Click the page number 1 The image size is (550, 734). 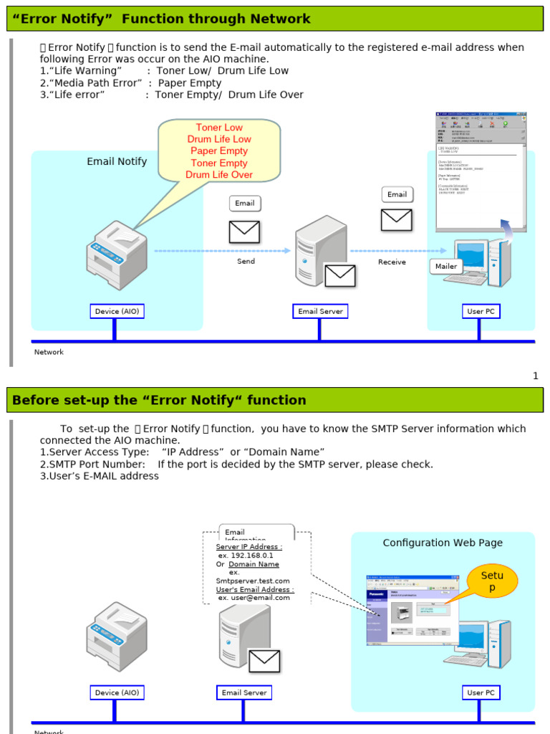click(535, 376)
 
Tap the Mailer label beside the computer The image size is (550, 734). click(446, 267)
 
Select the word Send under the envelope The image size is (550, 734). click(246, 262)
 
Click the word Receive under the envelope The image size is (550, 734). click(392, 262)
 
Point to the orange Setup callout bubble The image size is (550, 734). click(492, 581)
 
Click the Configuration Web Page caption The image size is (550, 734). click(443, 543)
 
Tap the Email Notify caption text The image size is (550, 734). click(117, 162)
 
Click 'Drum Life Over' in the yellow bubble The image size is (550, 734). click(219, 175)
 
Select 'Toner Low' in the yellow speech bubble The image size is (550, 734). click(219, 128)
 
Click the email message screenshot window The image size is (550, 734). click(481, 171)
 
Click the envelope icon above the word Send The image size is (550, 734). click(244, 232)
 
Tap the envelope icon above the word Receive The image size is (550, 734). click(396, 219)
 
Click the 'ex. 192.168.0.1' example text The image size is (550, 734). click(246, 556)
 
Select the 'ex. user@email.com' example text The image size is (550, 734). click(254, 598)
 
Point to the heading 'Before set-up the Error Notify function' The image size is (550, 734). click(159, 401)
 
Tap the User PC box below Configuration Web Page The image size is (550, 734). click(481, 693)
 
